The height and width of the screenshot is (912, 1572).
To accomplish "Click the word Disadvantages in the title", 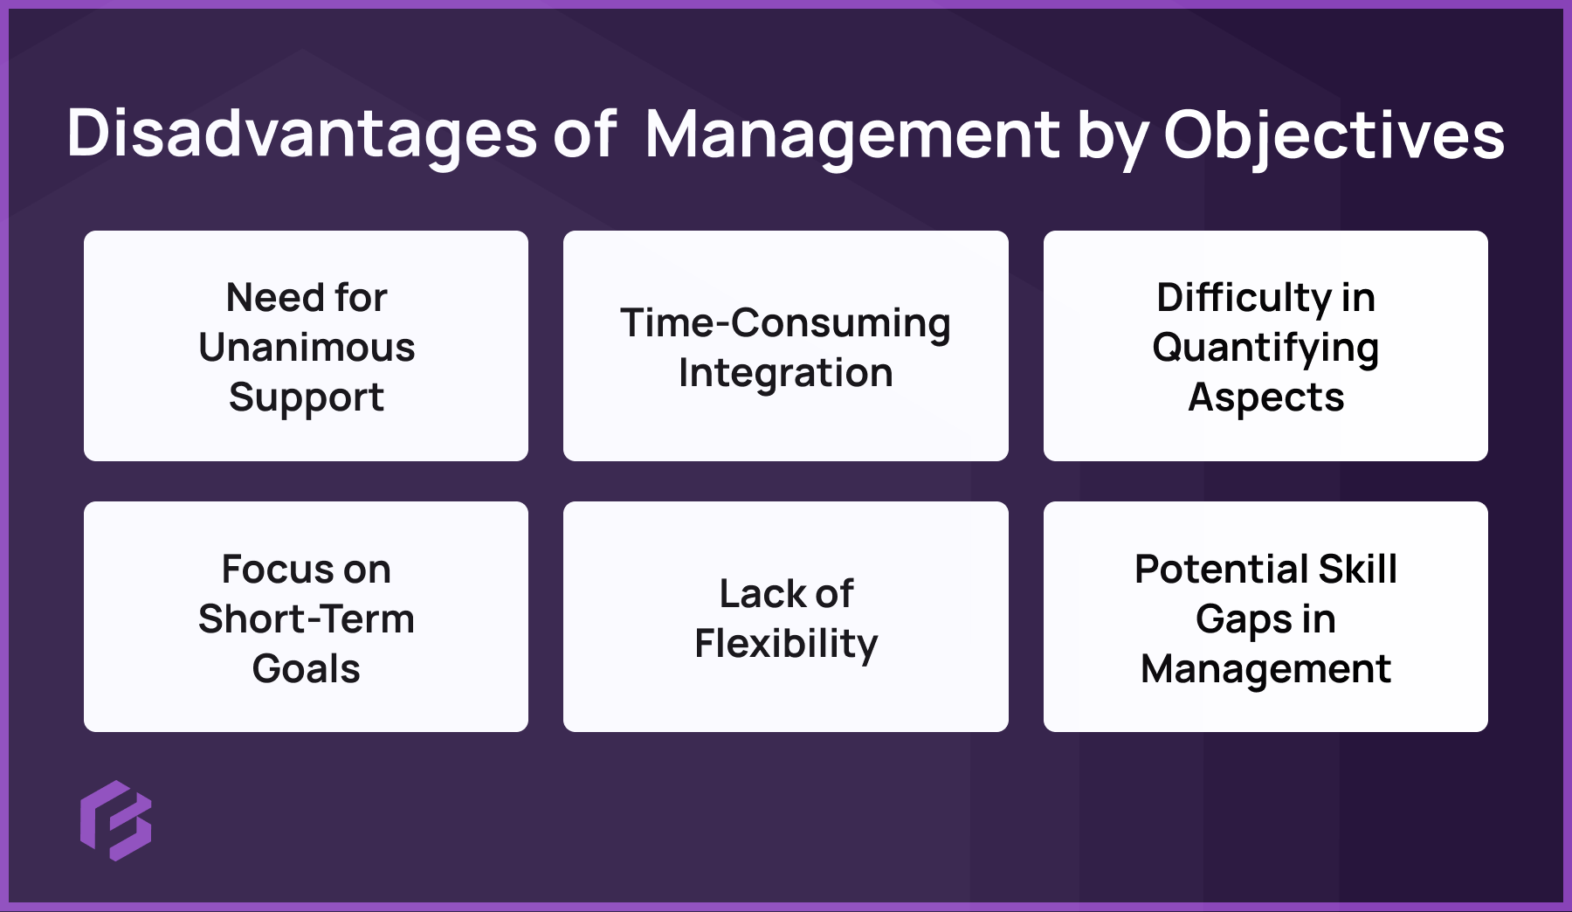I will (x=302, y=135).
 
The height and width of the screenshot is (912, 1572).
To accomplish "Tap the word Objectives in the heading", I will (x=1334, y=135).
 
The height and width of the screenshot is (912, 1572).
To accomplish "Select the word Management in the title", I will (x=851, y=135).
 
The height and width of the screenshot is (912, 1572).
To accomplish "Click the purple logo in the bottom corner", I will (x=116, y=820).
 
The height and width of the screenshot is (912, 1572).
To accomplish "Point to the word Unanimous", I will (x=307, y=347).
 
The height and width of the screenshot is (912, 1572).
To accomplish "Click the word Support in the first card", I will (x=307, y=397).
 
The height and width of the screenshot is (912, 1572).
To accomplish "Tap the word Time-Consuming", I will (x=785, y=322).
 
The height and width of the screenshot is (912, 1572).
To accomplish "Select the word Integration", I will (x=785, y=372).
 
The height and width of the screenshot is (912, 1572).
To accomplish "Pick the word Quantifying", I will (x=1265, y=348).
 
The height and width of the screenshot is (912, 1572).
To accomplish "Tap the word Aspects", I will (x=1265, y=397).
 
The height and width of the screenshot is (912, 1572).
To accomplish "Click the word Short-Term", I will (x=307, y=618).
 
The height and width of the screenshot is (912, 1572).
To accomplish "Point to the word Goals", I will (x=307, y=668).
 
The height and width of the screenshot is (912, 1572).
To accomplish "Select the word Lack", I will (x=755, y=593).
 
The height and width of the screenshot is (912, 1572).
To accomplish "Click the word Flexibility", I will (x=786, y=644).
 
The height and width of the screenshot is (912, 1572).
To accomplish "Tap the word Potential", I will (x=1220, y=569).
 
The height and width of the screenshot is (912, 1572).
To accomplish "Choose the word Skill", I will (x=1358, y=569).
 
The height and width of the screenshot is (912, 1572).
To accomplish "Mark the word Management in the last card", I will (x=1265, y=668).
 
